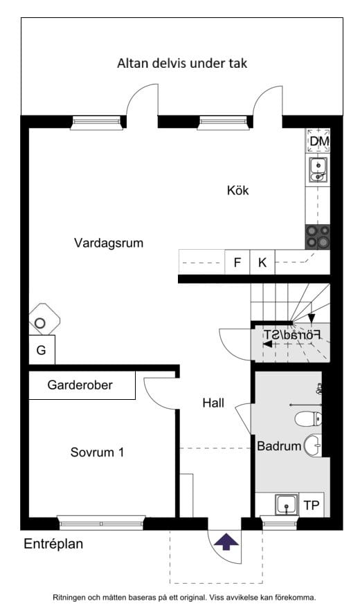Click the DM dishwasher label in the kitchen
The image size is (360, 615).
point(318,141)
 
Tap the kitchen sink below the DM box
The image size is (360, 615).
point(318,168)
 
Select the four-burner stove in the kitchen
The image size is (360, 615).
point(318,237)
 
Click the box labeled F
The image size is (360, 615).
point(237,262)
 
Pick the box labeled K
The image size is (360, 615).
point(262,262)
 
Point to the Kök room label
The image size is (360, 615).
point(237,190)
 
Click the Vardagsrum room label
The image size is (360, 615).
point(109,243)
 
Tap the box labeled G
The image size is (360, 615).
point(42,350)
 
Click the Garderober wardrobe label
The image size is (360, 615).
point(80,385)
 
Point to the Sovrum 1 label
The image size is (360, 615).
point(98,452)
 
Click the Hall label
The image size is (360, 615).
point(213,403)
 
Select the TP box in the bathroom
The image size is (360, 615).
point(312,506)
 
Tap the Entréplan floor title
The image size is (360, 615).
point(53,544)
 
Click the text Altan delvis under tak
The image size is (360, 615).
point(182,64)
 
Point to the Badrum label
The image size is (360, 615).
point(279,446)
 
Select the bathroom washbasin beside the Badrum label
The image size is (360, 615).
point(313,445)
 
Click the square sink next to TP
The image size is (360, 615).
point(285,506)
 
